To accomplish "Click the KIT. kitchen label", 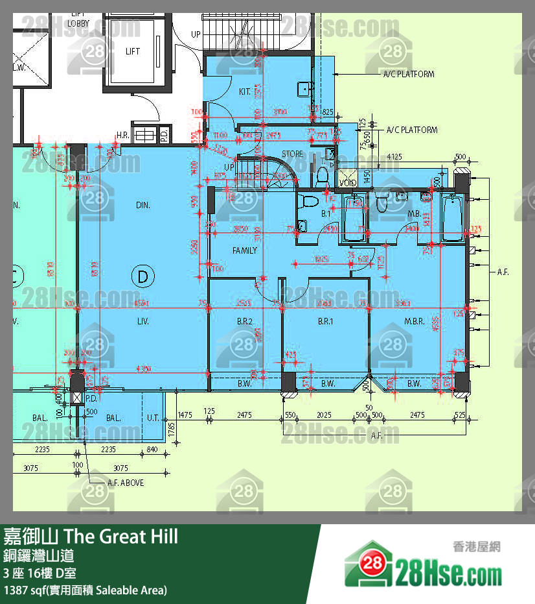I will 244,92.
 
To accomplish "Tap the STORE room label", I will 292,154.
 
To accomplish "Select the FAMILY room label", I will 245,250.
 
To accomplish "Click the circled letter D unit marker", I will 143,277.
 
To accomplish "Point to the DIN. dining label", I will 143,205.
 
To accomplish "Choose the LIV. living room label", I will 143,321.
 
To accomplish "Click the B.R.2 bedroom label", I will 244,321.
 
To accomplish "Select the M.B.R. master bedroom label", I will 414,321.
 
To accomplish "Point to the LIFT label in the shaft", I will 133,51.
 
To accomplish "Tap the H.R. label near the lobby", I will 122,136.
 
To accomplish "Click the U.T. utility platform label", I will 154,418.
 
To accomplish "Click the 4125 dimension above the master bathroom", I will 394,156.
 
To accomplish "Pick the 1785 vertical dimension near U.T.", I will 172,428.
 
